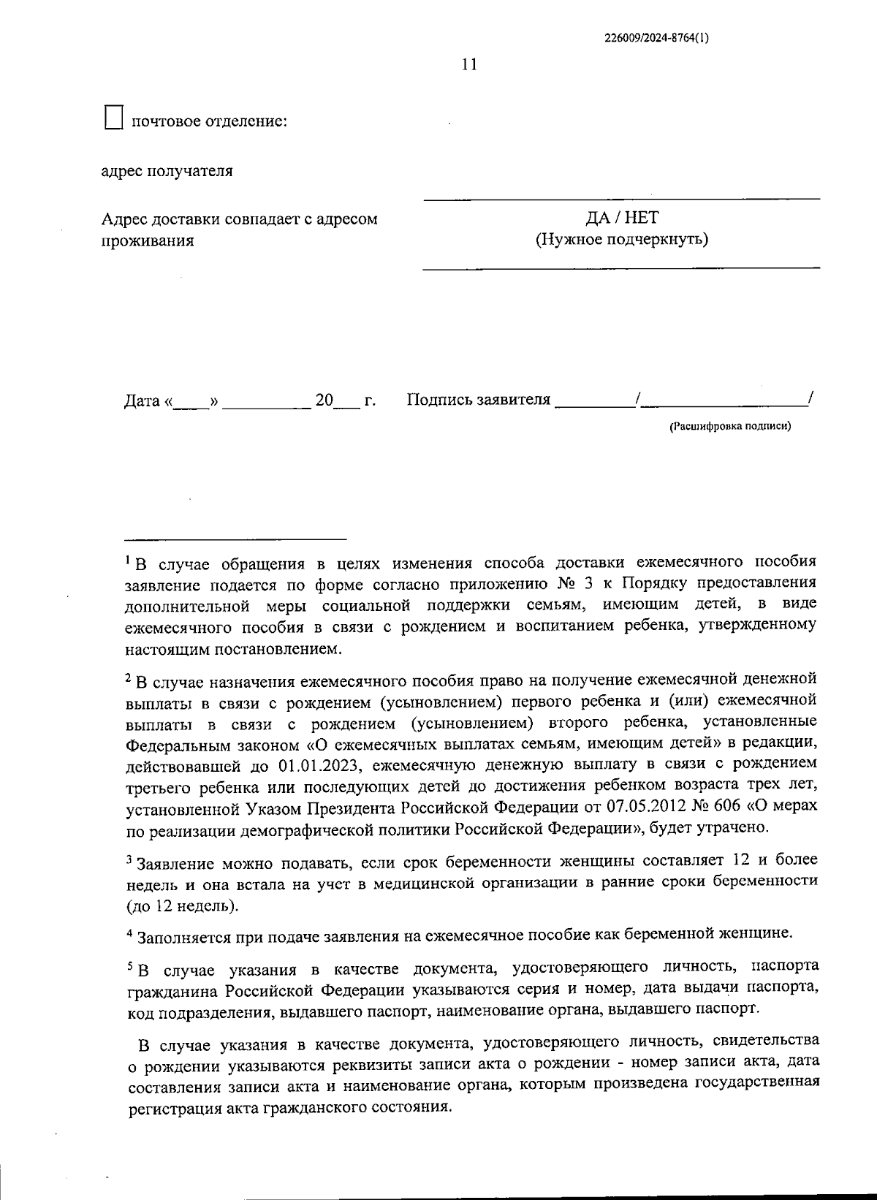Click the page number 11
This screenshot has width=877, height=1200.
click(x=469, y=64)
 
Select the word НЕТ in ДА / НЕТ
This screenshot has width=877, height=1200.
click(x=642, y=218)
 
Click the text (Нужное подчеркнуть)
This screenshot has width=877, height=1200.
click(x=621, y=239)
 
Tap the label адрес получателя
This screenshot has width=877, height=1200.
click(x=167, y=171)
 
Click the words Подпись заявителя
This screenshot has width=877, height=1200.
click(x=478, y=400)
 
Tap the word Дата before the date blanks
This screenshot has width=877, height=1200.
click(x=142, y=400)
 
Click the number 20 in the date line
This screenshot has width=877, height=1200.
click(x=324, y=400)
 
